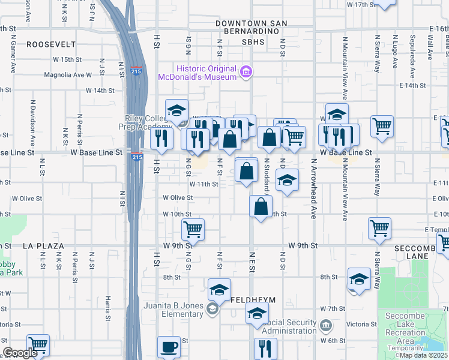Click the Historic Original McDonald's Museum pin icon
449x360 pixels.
point(246,73)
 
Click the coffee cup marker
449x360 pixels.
point(169,346)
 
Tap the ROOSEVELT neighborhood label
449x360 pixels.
point(50,44)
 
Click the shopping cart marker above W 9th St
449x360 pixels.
point(193,228)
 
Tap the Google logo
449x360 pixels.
point(20,353)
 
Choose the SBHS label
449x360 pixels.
point(253,43)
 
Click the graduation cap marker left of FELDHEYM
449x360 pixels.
point(220,290)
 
